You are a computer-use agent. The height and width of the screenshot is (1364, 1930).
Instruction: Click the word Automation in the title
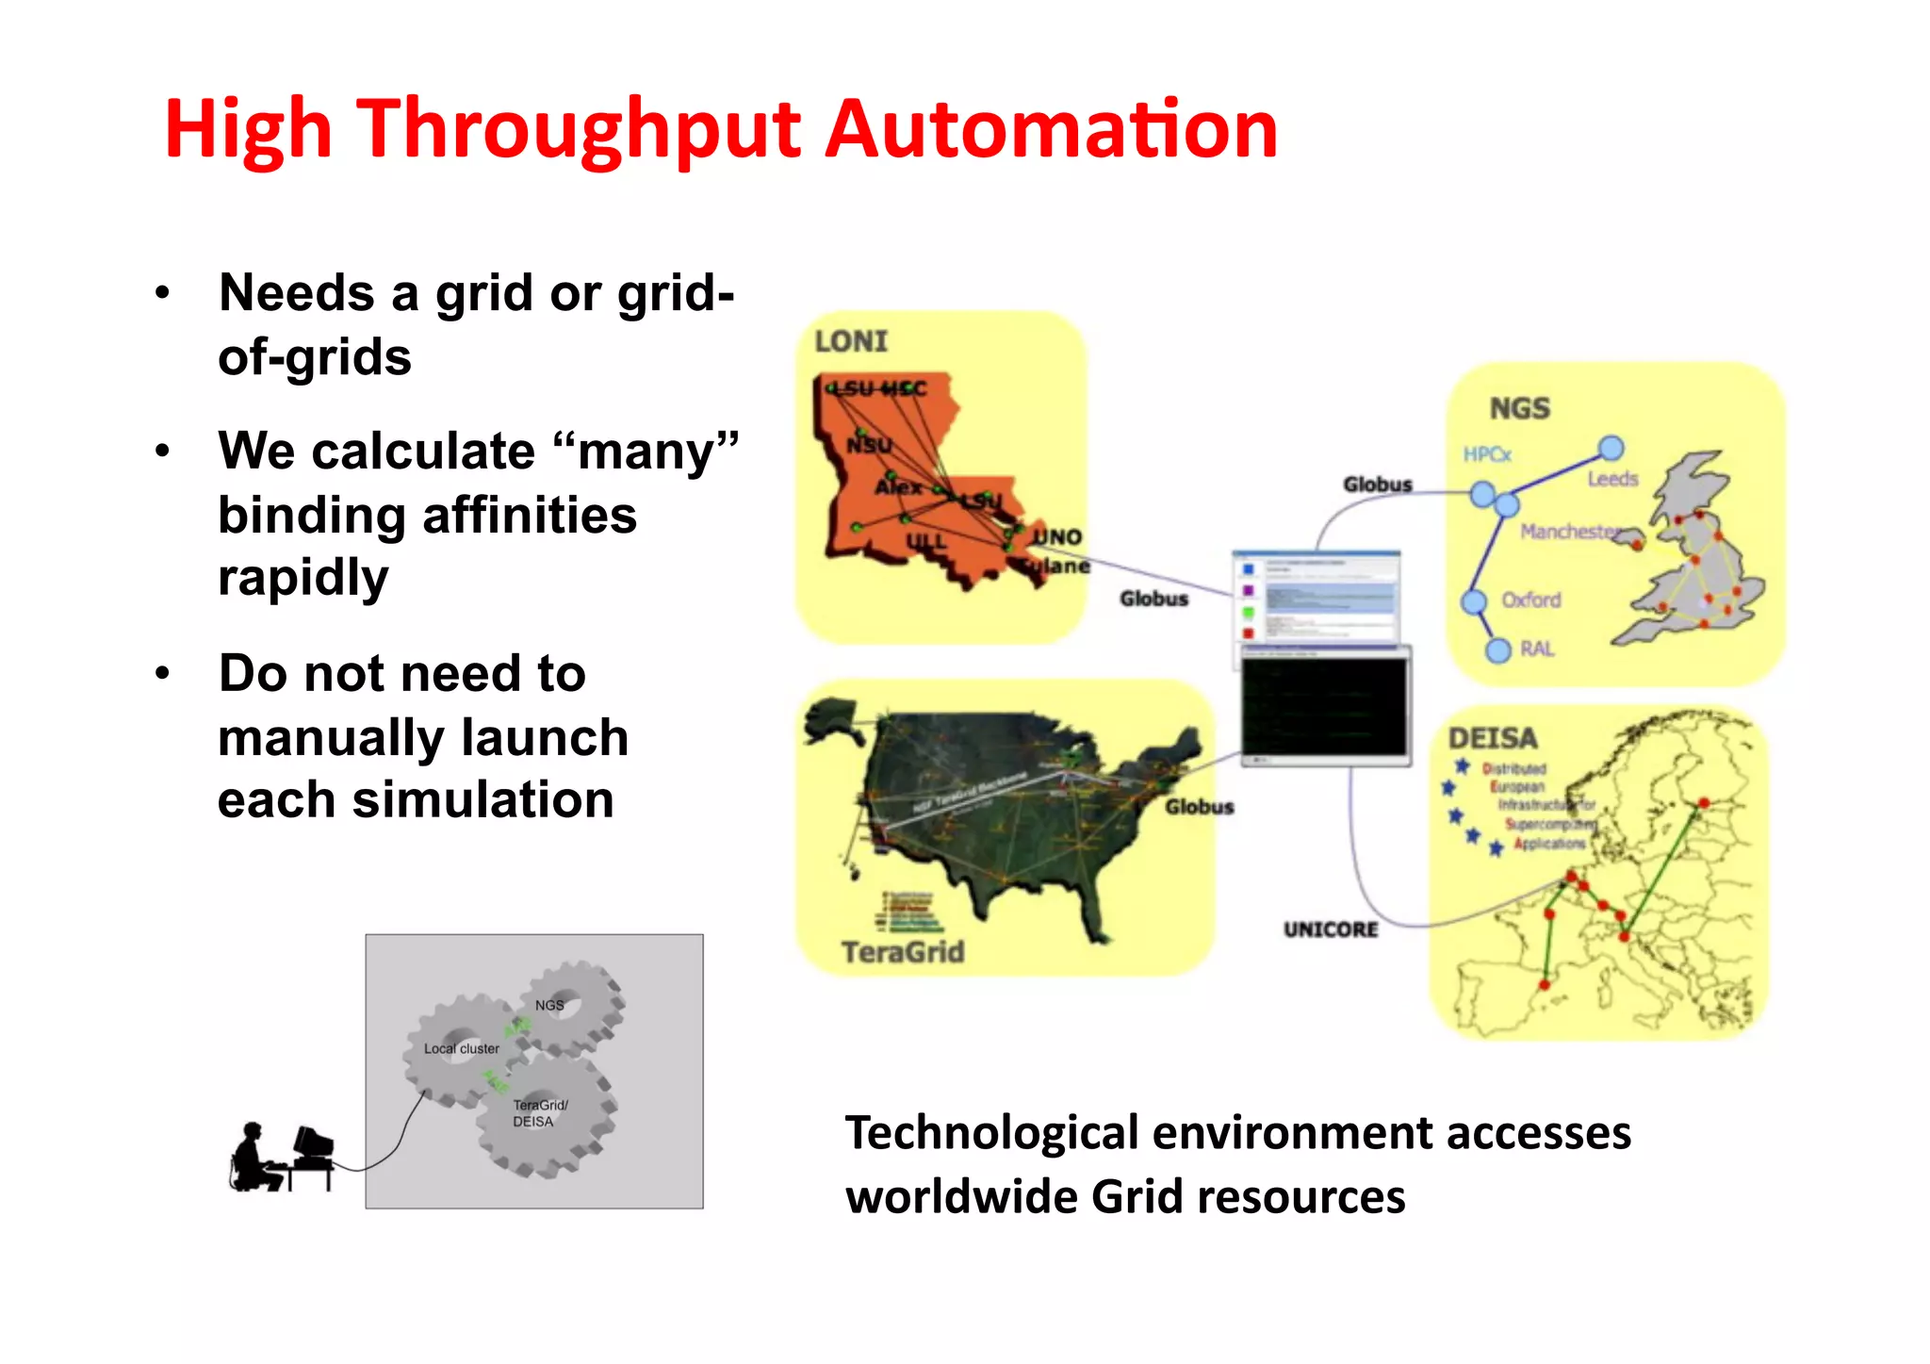tap(1051, 129)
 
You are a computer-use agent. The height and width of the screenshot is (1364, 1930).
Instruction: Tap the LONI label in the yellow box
tap(851, 341)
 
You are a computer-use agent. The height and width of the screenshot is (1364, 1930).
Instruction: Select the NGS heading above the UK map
tap(1519, 408)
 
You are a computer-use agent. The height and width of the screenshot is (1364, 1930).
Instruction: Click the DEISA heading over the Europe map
tap(1493, 738)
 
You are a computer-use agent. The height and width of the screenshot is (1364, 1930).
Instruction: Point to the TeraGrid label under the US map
tap(903, 952)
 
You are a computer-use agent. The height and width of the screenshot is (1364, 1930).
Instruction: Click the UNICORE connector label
tap(1330, 929)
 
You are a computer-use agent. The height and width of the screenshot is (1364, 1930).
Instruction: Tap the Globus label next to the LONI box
tap(1153, 599)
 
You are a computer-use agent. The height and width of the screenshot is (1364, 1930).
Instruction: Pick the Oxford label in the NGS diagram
tap(1530, 600)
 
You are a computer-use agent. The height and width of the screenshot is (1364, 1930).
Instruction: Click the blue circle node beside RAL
tap(1497, 650)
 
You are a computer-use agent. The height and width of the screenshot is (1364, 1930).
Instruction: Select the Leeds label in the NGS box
tap(1612, 479)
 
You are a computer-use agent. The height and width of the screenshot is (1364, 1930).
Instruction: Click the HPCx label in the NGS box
tap(1487, 454)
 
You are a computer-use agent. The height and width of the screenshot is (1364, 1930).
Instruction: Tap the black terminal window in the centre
tap(1324, 705)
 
